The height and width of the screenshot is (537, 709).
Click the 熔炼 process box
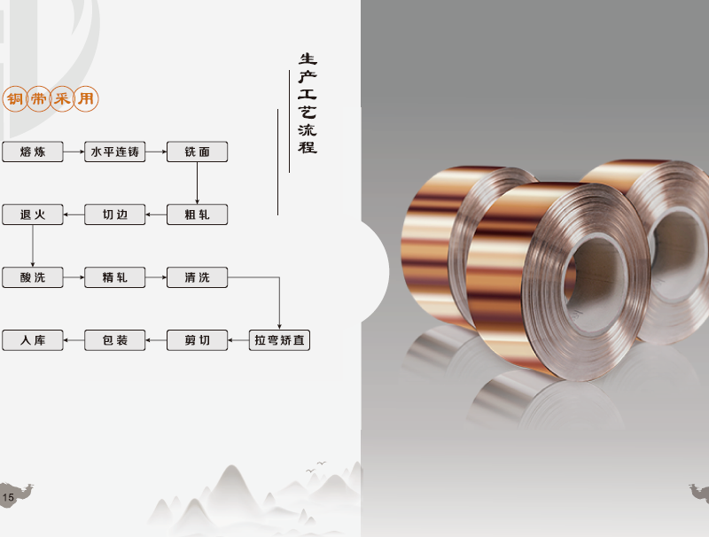point(33,152)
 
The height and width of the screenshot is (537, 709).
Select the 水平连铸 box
point(115,152)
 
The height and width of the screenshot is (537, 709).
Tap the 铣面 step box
point(197,152)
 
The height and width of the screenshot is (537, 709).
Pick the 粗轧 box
point(197,214)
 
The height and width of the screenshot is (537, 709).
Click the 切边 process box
point(115,214)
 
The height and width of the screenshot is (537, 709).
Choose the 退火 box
point(33,214)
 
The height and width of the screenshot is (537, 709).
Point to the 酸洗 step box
point(33,277)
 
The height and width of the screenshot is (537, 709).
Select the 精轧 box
point(115,277)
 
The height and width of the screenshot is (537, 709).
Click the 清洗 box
point(197,277)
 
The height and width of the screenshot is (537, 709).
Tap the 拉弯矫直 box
point(279,340)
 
